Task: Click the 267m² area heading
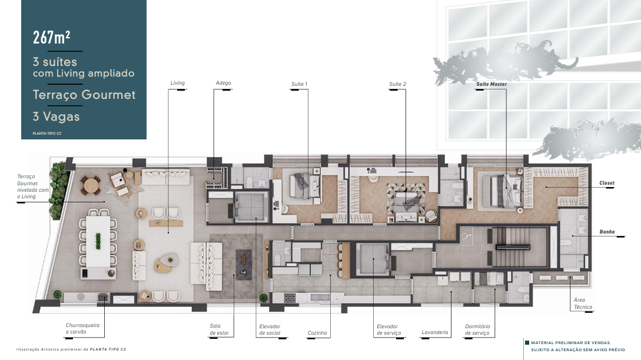click(x=52, y=38)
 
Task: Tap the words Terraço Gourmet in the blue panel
click(x=84, y=95)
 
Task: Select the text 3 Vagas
click(x=57, y=116)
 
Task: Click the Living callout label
click(x=177, y=83)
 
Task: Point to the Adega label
click(x=223, y=83)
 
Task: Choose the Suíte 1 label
click(x=299, y=84)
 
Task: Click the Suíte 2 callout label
click(x=397, y=84)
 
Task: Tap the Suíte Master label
click(x=491, y=84)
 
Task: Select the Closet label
click(x=607, y=183)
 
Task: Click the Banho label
click(x=607, y=232)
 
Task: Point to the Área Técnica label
click(x=583, y=303)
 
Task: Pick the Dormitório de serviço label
click(x=477, y=329)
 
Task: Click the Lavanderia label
click(x=435, y=332)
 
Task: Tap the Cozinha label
click(x=317, y=333)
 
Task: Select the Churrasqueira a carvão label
click(x=82, y=329)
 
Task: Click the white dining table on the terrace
click(x=98, y=241)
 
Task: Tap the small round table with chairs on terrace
click(x=91, y=186)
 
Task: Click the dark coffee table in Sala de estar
click(x=244, y=264)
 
